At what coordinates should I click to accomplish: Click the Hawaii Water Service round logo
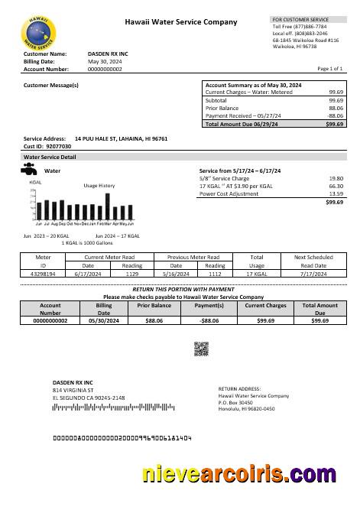pos(38,32)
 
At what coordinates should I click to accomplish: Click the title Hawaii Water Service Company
pos(181,23)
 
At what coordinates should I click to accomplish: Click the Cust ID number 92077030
pos(58,145)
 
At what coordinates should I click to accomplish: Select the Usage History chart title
pos(99,186)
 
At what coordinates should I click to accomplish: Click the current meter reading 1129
pos(131,273)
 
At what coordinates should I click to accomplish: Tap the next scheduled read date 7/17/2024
pos(314,273)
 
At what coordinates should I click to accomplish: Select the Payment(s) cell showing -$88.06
pos(209,321)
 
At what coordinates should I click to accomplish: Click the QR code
pos(201,349)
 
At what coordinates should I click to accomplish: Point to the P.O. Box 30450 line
pos(235,402)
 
